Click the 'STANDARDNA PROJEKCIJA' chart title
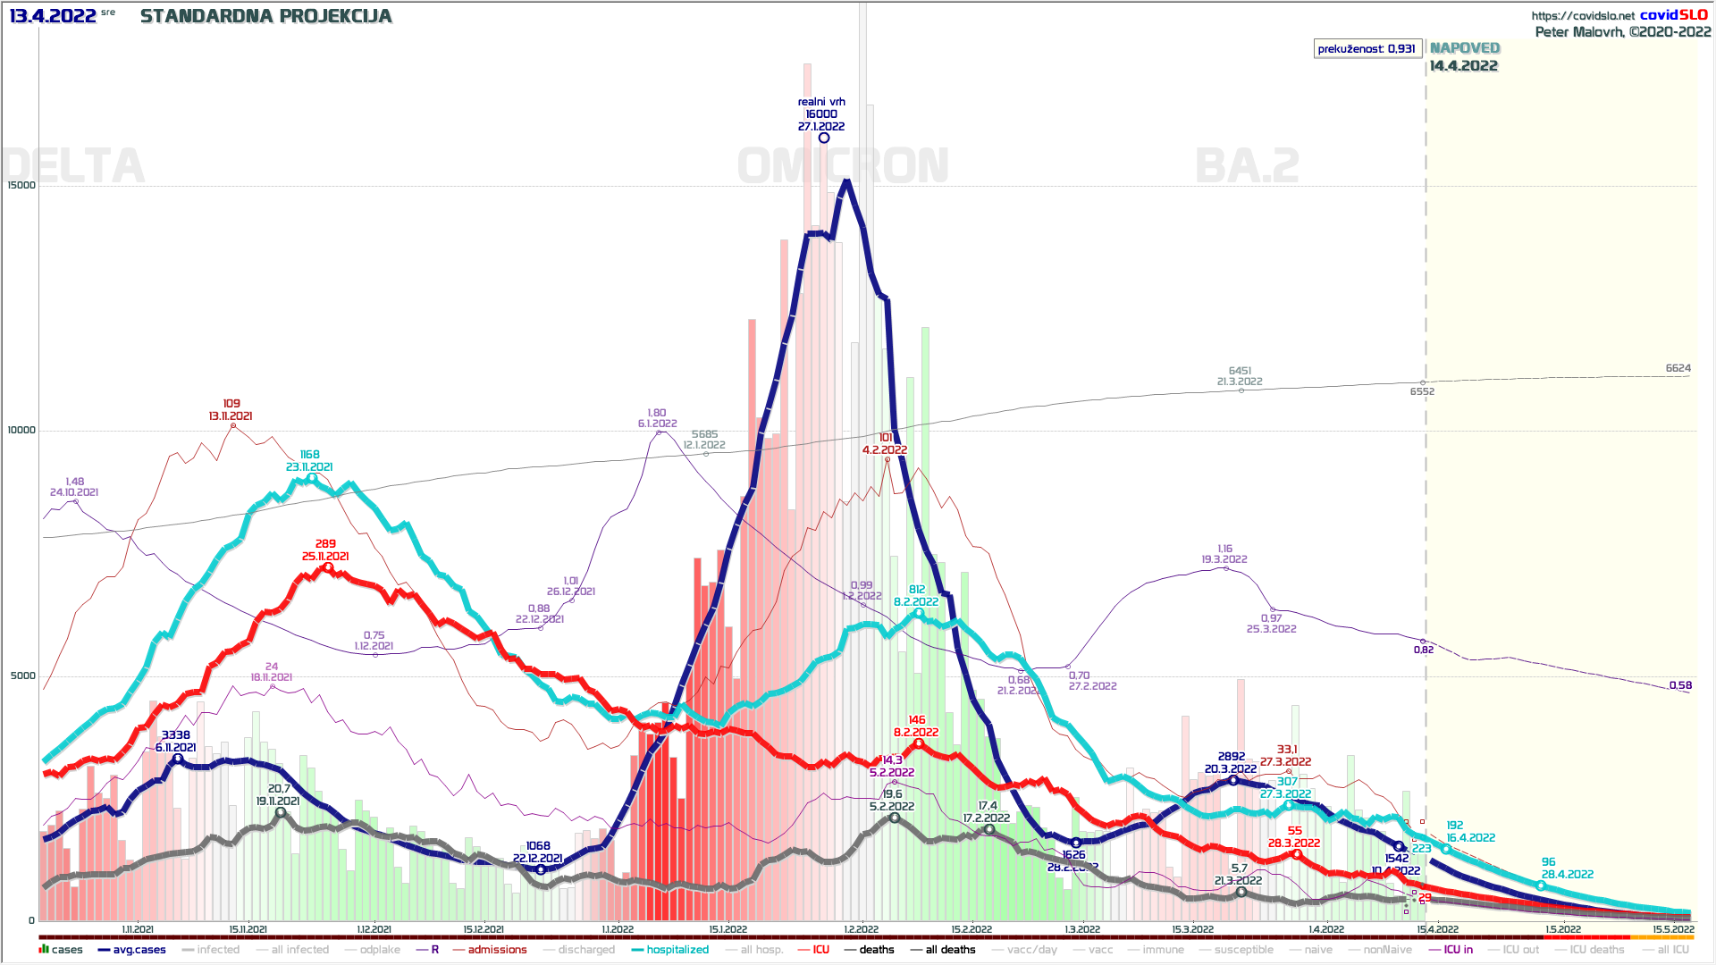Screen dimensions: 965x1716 pos(265,16)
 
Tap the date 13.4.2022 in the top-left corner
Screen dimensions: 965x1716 pos(53,16)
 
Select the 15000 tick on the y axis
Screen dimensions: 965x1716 pos(21,186)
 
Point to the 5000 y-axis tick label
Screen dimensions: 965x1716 pos(23,676)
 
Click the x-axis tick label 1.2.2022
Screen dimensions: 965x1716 pos(861,929)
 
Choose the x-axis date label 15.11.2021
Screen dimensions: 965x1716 pos(248,929)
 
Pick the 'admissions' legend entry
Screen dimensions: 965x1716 pos(497,950)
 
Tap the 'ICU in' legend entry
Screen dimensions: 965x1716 pos(1458,950)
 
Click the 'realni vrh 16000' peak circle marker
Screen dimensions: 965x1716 pos(824,138)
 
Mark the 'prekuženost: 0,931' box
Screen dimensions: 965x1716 pos(1367,48)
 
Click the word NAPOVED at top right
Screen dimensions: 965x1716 pos(1465,48)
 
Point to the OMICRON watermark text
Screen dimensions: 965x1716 pos(843,166)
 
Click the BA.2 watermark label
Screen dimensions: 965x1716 pos(1247,166)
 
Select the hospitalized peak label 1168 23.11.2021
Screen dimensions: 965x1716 pos(309,461)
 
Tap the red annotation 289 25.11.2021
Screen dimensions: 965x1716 pos(325,550)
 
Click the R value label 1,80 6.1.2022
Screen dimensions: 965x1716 pos(657,418)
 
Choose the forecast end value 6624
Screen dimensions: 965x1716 pos(1678,368)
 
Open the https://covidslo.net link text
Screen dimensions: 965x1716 pos(1582,15)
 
